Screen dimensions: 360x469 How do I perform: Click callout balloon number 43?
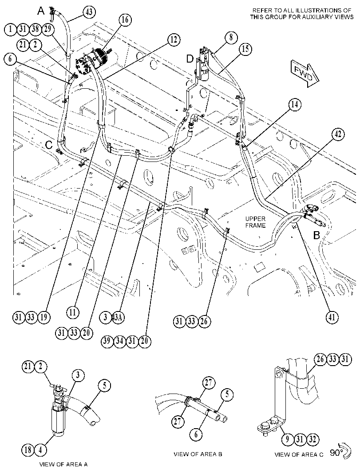point(89,12)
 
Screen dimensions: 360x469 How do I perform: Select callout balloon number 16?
point(125,20)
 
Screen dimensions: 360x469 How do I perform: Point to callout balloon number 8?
point(231,37)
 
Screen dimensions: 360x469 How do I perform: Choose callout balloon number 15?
point(245,49)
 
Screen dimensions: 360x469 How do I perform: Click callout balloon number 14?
point(295,105)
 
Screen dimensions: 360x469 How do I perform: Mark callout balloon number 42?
point(337,134)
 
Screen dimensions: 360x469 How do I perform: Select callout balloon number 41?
point(332,317)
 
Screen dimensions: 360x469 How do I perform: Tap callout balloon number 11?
point(73,313)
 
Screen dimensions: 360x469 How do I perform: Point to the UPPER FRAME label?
point(255,222)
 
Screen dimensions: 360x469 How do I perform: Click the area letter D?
point(190,59)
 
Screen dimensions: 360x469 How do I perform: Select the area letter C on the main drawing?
point(49,145)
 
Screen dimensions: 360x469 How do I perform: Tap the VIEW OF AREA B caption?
point(198,454)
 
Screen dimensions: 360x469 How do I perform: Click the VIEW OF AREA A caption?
point(63,464)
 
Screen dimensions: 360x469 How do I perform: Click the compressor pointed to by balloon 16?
point(93,62)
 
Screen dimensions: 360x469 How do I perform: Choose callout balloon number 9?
point(288,439)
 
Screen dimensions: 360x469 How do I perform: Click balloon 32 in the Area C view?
point(312,439)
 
